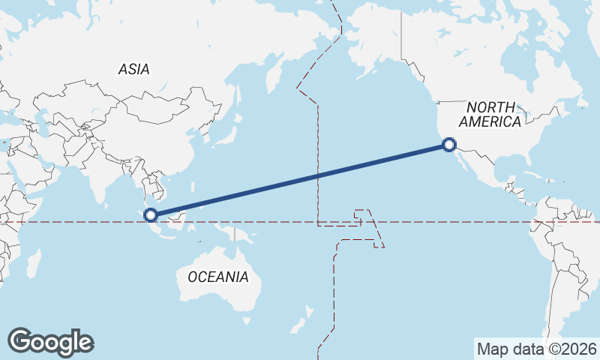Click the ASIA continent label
click(134, 69)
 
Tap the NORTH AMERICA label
click(490, 115)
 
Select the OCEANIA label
click(217, 277)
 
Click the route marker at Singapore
click(151, 214)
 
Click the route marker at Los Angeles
click(448, 145)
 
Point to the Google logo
click(50, 342)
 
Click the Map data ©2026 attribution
click(536, 349)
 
